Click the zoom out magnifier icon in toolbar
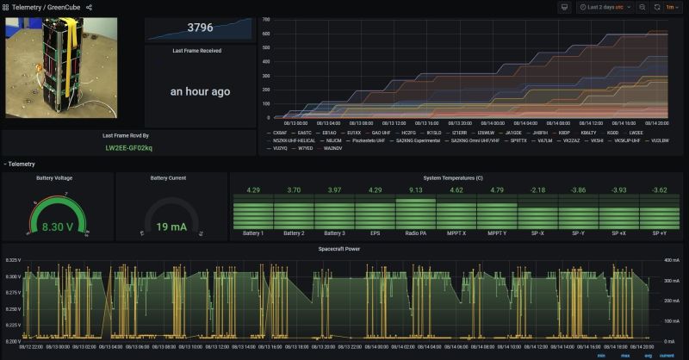(642, 7)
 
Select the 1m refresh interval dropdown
(670, 7)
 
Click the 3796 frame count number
(199, 28)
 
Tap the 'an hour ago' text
(200, 91)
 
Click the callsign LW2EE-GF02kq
(129, 148)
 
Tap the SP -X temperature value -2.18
(537, 189)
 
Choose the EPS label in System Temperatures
(375, 233)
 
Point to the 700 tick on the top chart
(266, 19)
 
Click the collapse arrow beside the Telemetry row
(5, 164)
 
